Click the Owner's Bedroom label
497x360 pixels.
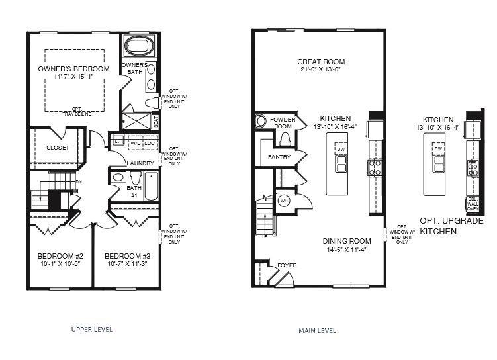tap(73, 69)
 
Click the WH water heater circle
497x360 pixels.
tap(285, 201)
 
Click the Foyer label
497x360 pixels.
tap(287, 265)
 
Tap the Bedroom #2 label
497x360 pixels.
tap(60, 256)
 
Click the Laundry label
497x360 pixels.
tap(140, 163)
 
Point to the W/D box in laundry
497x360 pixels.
tap(135, 143)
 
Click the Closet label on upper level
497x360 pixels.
tap(58, 148)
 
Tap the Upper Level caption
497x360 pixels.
tap(91, 329)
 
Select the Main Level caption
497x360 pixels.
tap(318, 330)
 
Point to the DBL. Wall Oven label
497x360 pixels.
tap(473, 203)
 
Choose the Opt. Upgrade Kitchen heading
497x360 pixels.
tap(451, 226)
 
